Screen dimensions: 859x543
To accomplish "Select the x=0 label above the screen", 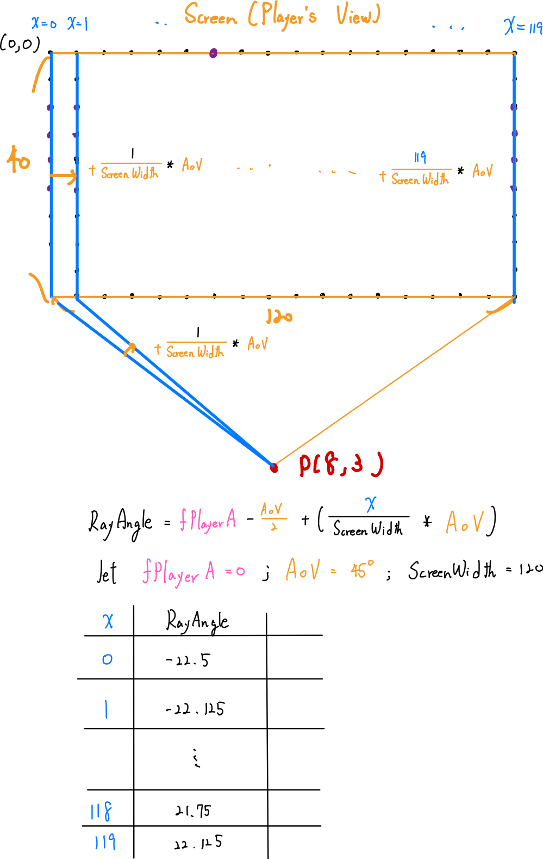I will click(x=43, y=23).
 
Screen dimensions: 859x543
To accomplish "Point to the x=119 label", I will click(x=522, y=26).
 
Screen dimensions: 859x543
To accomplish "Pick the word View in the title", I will click(x=357, y=15).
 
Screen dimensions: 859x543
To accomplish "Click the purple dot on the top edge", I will click(x=213, y=53).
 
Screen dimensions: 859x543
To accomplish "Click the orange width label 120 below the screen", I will click(x=279, y=317).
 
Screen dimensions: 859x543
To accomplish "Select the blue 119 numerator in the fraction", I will click(x=420, y=158).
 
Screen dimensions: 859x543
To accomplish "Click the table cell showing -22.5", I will click(x=188, y=660).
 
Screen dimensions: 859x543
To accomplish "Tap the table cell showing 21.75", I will click(x=193, y=811).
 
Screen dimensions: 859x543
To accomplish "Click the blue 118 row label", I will click(x=102, y=812).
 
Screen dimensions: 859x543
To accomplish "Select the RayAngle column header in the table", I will click(x=197, y=621).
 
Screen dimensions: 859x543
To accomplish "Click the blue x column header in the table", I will click(x=108, y=621).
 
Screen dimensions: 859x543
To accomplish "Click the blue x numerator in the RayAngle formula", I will click(x=371, y=504).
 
